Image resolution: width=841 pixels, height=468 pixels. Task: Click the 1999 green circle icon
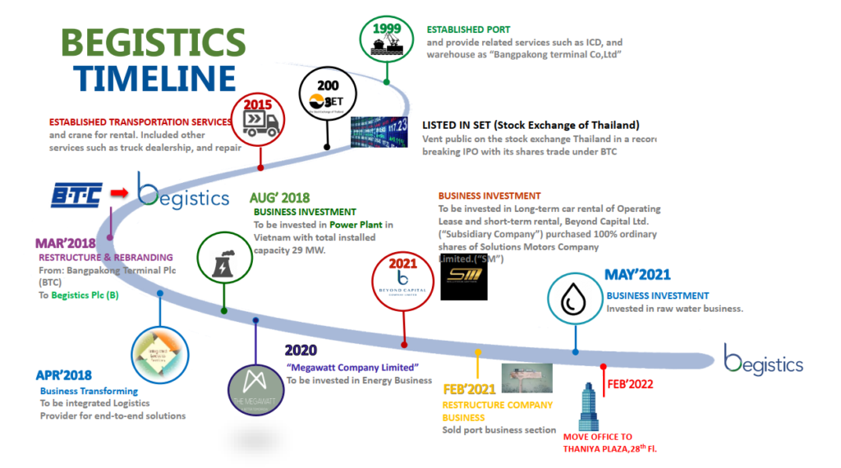(386, 39)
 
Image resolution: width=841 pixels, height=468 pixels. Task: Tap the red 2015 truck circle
(260, 120)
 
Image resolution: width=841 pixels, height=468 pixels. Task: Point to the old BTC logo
(75, 194)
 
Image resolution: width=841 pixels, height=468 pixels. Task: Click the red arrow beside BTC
(119, 194)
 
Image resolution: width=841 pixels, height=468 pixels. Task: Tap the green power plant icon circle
(223, 258)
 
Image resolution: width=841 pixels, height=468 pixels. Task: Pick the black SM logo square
(462, 280)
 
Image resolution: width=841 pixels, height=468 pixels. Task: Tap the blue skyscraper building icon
(588, 407)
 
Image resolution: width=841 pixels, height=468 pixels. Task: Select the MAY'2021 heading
(636, 275)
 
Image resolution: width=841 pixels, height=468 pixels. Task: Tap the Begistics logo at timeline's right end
(763, 360)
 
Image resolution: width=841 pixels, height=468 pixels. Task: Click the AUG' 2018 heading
(279, 198)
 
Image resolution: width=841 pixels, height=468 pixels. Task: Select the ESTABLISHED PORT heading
(468, 30)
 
